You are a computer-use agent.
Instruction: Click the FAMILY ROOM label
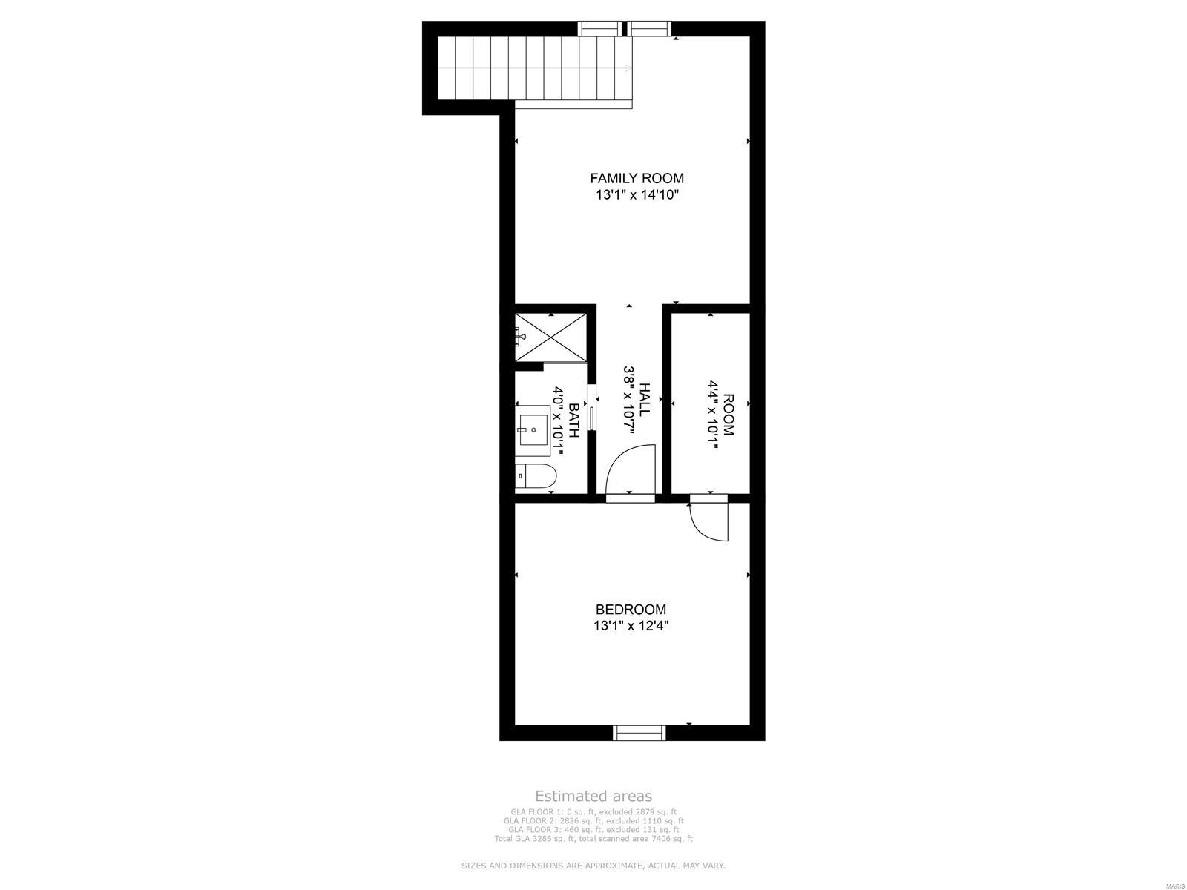click(x=637, y=178)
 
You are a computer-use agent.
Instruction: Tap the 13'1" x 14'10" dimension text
click(x=637, y=196)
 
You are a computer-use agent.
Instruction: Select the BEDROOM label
click(x=631, y=610)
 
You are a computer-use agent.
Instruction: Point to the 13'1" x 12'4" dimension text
click(x=631, y=626)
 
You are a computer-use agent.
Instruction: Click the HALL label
click(x=645, y=399)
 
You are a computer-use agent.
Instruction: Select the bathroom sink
click(x=533, y=429)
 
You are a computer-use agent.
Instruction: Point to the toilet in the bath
click(x=534, y=476)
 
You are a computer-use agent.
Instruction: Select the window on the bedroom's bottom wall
click(x=639, y=733)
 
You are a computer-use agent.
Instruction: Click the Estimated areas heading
click(x=593, y=797)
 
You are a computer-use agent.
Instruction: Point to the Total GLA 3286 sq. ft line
click(x=593, y=839)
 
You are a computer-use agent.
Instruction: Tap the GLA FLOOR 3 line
click(x=593, y=830)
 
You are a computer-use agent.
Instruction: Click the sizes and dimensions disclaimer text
click(x=593, y=866)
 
